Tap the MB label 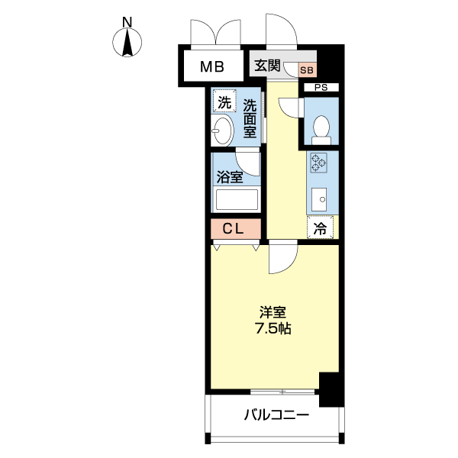(x=212, y=67)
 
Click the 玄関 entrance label (x=267, y=66)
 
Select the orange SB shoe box (x=307, y=70)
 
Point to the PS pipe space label (x=321, y=87)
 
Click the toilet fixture (x=321, y=130)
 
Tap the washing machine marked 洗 (x=224, y=102)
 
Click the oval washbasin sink (x=222, y=130)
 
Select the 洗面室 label (x=250, y=118)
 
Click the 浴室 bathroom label (x=230, y=177)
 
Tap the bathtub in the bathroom (x=237, y=199)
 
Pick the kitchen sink (x=319, y=199)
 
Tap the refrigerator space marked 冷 (x=320, y=227)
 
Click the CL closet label (x=233, y=229)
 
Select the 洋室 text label (x=273, y=312)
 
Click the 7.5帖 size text (x=273, y=329)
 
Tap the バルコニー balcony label (x=276, y=414)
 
